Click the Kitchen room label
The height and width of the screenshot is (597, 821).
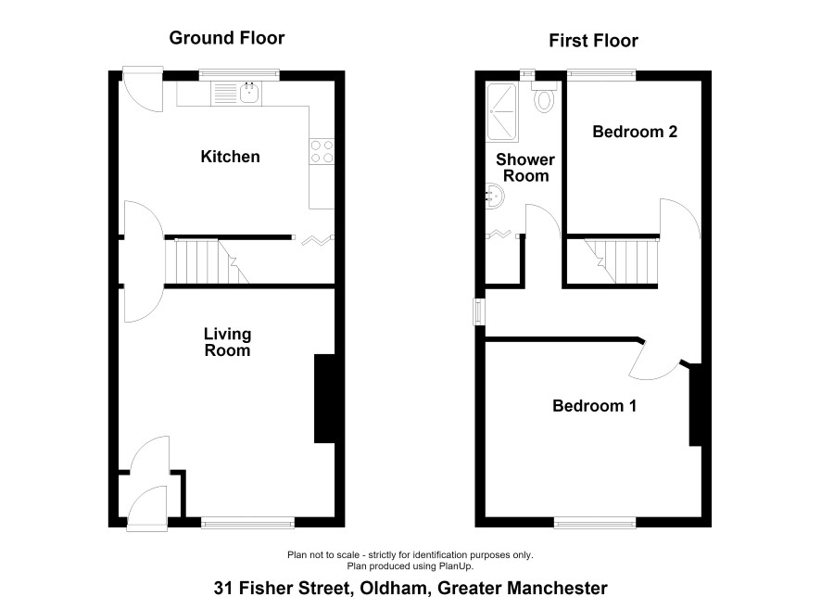pos(230,157)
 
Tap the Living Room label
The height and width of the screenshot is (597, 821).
pos(227,342)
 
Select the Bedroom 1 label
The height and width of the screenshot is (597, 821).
pos(594,406)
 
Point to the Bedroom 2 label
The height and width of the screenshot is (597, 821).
pos(635,132)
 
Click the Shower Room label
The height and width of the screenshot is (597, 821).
pos(525,168)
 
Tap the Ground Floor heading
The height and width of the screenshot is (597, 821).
pos(227,38)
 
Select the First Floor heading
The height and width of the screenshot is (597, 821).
pos(593,40)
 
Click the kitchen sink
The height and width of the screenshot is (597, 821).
pos(250,94)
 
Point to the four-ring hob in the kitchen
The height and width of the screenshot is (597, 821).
pos(322,151)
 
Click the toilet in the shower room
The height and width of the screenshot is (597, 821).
pos(545,97)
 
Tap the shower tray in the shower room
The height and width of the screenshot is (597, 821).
pos(502,111)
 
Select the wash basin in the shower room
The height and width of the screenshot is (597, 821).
pos(494,196)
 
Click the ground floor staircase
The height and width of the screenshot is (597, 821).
pos(207,261)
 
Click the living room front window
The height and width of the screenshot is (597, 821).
pos(247,522)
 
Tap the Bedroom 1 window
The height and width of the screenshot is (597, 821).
pos(595,522)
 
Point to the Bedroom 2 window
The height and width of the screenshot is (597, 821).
pos(601,75)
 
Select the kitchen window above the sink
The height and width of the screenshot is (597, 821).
pos(239,75)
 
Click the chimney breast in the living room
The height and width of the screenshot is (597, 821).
pos(324,399)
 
